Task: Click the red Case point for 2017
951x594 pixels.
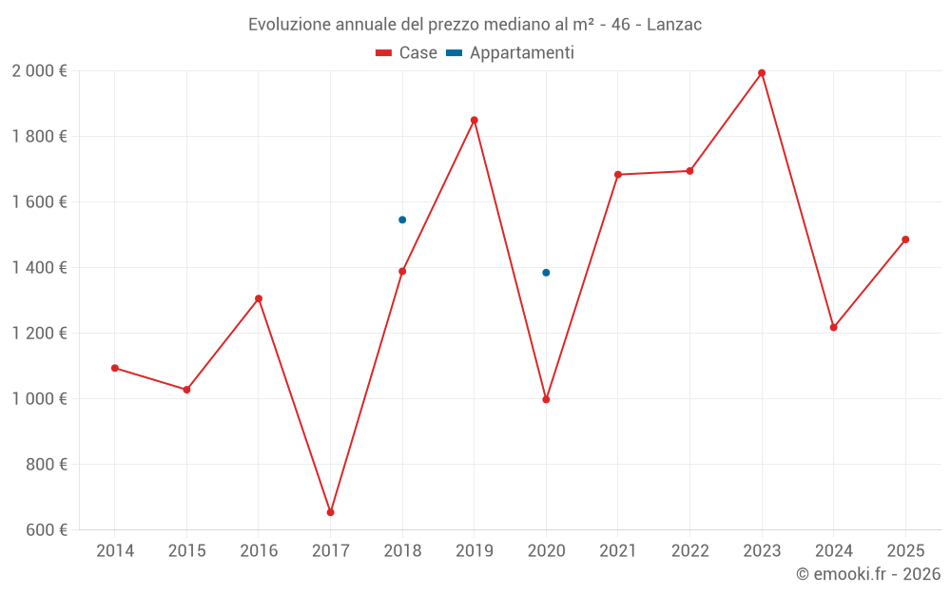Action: click(x=330, y=512)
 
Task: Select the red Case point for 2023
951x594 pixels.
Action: click(x=762, y=73)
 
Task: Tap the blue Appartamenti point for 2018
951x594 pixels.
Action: click(x=402, y=220)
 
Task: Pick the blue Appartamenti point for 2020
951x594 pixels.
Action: click(x=546, y=273)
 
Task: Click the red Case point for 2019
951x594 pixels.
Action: click(x=475, y=121)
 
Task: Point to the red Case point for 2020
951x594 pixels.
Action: click(x=546, y=399)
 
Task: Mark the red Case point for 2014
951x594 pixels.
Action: click(x=115, y=368)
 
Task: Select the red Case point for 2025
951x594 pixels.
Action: click(x=905, y=240)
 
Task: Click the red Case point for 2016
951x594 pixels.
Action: click(x=259, y=298)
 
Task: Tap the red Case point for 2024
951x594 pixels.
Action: click(x=834, y=327)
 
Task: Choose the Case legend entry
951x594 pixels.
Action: click(x=407, y=53)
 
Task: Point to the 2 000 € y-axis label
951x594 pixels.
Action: click(x=39, y=71)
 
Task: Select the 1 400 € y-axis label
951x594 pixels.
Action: click(x=39, y=268)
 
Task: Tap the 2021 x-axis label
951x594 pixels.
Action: click(x=618, y=551)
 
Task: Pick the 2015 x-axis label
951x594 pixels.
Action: click(x=186, y=551)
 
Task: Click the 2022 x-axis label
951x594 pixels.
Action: click(x=689, y=551)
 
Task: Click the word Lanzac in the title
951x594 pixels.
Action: click(x=674, y=25)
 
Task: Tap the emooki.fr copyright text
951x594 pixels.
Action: click(x=868, y=574)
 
